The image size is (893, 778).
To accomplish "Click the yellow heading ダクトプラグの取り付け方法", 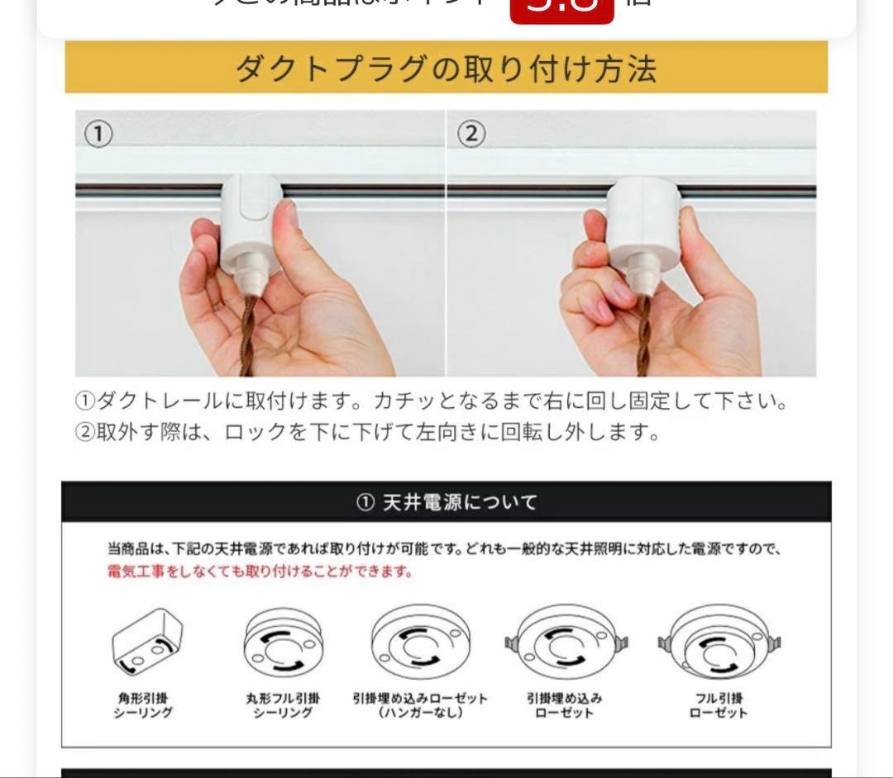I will (446, 69).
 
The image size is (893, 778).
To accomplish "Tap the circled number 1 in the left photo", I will (99, 134).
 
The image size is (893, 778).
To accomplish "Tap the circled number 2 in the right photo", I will (470, 134).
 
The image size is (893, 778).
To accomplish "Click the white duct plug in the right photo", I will (643, 219).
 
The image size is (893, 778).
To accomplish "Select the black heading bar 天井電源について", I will (446, 502).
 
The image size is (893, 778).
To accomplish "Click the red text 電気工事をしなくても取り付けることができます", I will (260, 572).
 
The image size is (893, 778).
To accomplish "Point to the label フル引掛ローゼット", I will (718, 705).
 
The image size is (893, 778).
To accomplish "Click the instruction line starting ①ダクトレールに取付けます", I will (431, 402).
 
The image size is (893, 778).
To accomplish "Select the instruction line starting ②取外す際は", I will (368, 432).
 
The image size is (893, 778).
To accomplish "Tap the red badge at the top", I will (562, 8).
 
